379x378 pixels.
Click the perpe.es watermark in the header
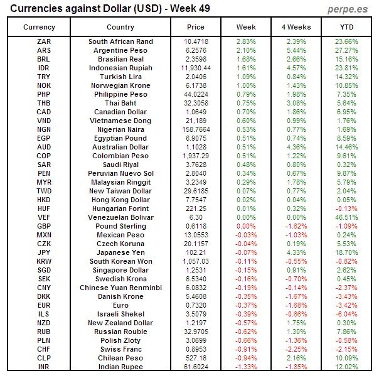coord(348,9)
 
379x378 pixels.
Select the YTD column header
coord(346,27)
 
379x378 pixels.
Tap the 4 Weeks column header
coord(296,27)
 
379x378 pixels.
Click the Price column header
coord(196,27)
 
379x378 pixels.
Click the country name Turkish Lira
coord(120,77)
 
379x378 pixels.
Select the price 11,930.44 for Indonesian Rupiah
coord(196,68)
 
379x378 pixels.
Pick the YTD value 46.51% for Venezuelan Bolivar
coord(346,217)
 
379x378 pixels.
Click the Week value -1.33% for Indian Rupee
coord(246,367)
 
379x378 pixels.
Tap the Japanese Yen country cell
coord(120,252)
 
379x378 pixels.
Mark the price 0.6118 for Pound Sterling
coord(196,226)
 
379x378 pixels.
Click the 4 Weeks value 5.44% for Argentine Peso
coord(296,50)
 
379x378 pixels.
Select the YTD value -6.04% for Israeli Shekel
coord(346,314)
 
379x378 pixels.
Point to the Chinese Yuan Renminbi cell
coord(120,288)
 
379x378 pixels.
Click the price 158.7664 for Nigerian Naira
coord(196,129)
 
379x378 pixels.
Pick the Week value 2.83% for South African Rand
coord(246,41)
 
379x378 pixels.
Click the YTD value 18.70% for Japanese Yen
coord(346,252)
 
